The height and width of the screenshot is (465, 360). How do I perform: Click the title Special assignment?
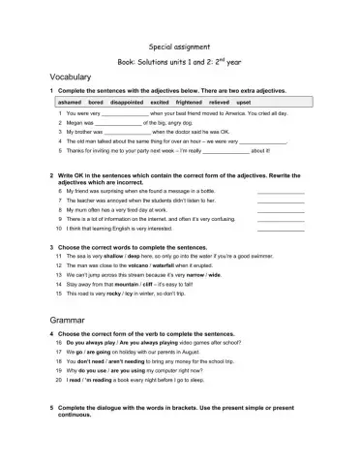180,45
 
